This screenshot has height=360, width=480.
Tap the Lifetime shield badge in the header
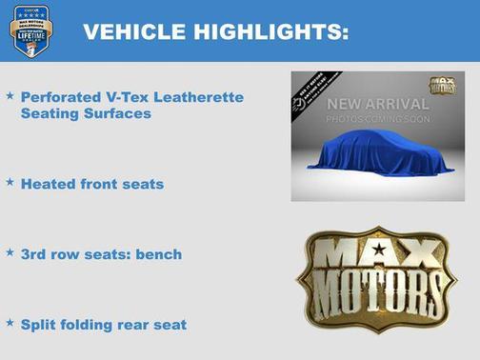point(30,30)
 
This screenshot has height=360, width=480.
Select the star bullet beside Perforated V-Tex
point(10,96)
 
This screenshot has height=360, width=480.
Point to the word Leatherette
point(200,97)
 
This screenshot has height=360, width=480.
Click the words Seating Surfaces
point(86,113)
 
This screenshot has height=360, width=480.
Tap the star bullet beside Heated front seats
point(10,182)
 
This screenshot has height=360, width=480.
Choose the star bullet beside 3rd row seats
point(10,253)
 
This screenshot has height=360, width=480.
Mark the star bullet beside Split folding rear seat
point(10,324)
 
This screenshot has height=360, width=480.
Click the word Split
point(37,325)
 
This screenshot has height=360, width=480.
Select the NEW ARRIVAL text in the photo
point(378,103)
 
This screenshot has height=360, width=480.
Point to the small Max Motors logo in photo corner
point(442,87)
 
